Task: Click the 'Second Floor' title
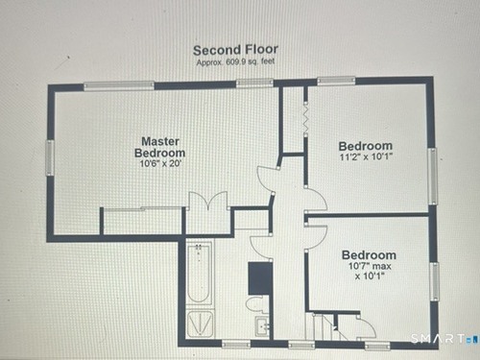[235, 50]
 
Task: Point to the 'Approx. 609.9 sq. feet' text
[235, 61]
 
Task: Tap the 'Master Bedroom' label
[159, 147]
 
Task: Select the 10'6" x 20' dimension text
[160, 164]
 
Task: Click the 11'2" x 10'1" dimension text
[366, 157]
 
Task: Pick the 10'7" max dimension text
[370, 266]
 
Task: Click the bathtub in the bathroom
[199, 274]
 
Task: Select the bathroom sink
[263, 326]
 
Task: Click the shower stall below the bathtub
[200, 324]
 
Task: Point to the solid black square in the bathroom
[260, 278]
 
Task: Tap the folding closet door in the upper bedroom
[305, 119]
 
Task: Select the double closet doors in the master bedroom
[208, 201]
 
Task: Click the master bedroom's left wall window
[50, 157]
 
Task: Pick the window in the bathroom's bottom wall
[236, 345]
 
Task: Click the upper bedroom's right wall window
[433, 176]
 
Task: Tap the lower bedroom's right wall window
[435, 281]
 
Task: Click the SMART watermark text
[438, 338]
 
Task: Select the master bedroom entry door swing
[266, 180]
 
